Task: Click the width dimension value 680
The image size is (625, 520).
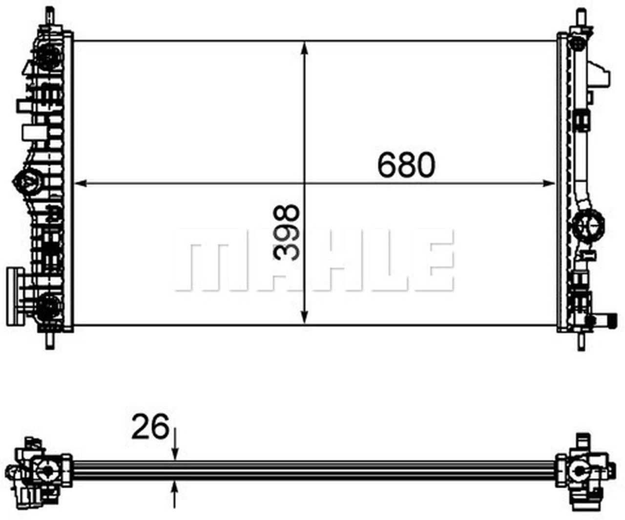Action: coord(406,165)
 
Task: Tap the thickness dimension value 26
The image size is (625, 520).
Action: coord(150,427)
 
